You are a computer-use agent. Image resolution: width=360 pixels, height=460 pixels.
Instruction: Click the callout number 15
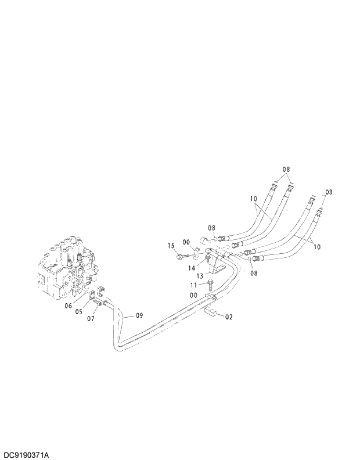click(x=171, y=246)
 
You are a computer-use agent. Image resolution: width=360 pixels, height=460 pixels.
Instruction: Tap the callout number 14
click(x=191, y=268)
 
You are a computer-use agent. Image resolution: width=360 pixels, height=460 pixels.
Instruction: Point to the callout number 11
click(x=194, y=285)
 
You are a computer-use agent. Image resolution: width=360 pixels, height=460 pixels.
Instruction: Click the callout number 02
click(x=229, y=317)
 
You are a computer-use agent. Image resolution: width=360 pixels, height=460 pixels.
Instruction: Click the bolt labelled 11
click(x=208, y=283)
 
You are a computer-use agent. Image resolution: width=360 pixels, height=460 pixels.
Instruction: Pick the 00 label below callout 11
click(x=194, y=295)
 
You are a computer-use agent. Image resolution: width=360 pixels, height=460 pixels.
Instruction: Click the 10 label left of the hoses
click(x=254, y=199)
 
